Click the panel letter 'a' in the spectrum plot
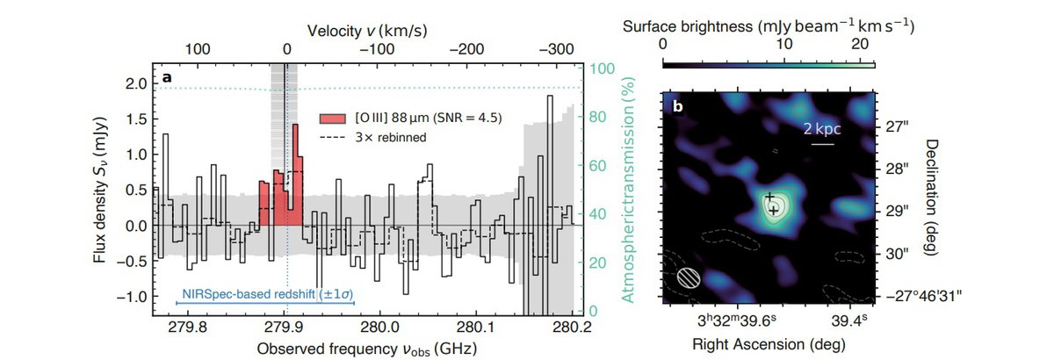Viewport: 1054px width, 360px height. point(166,79)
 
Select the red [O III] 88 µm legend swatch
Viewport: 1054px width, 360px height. point(330,118)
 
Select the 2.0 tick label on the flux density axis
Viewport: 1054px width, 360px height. point(135,83)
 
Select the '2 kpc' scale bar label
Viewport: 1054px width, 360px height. point(823,128)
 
